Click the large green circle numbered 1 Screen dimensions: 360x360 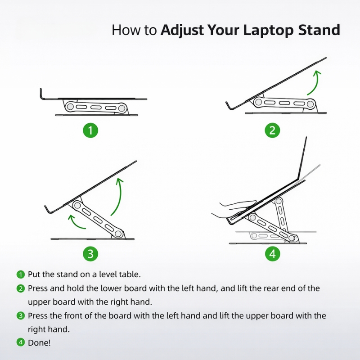click(x=90, y=130)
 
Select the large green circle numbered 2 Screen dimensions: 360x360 click(x=273, y=130)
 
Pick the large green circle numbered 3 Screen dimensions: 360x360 click(x=90, y=254)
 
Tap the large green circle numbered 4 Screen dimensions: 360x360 click(x=273, y=254)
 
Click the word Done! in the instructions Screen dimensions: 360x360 click(x=39, y=343)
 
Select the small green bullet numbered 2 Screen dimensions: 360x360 click(x=21, y=288)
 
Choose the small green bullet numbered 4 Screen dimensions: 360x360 click(x=21, y=342)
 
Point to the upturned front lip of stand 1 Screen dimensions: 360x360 click(x=42, y=94)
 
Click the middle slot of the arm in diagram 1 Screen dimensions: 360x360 click(x=96, y=107)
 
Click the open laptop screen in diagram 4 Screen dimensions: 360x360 click(x=302, y=158)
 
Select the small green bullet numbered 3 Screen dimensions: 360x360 click(x=21, y=316)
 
